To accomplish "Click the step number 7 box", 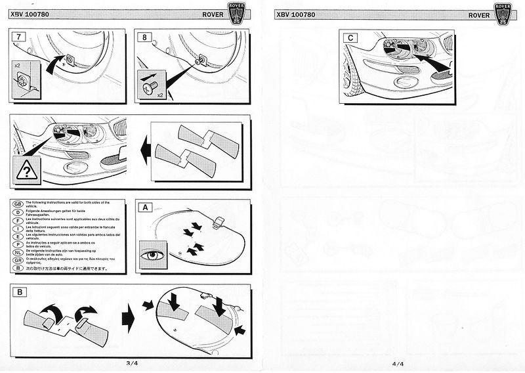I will (x=18, y=37).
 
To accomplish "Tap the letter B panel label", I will (x=20, y=292).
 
